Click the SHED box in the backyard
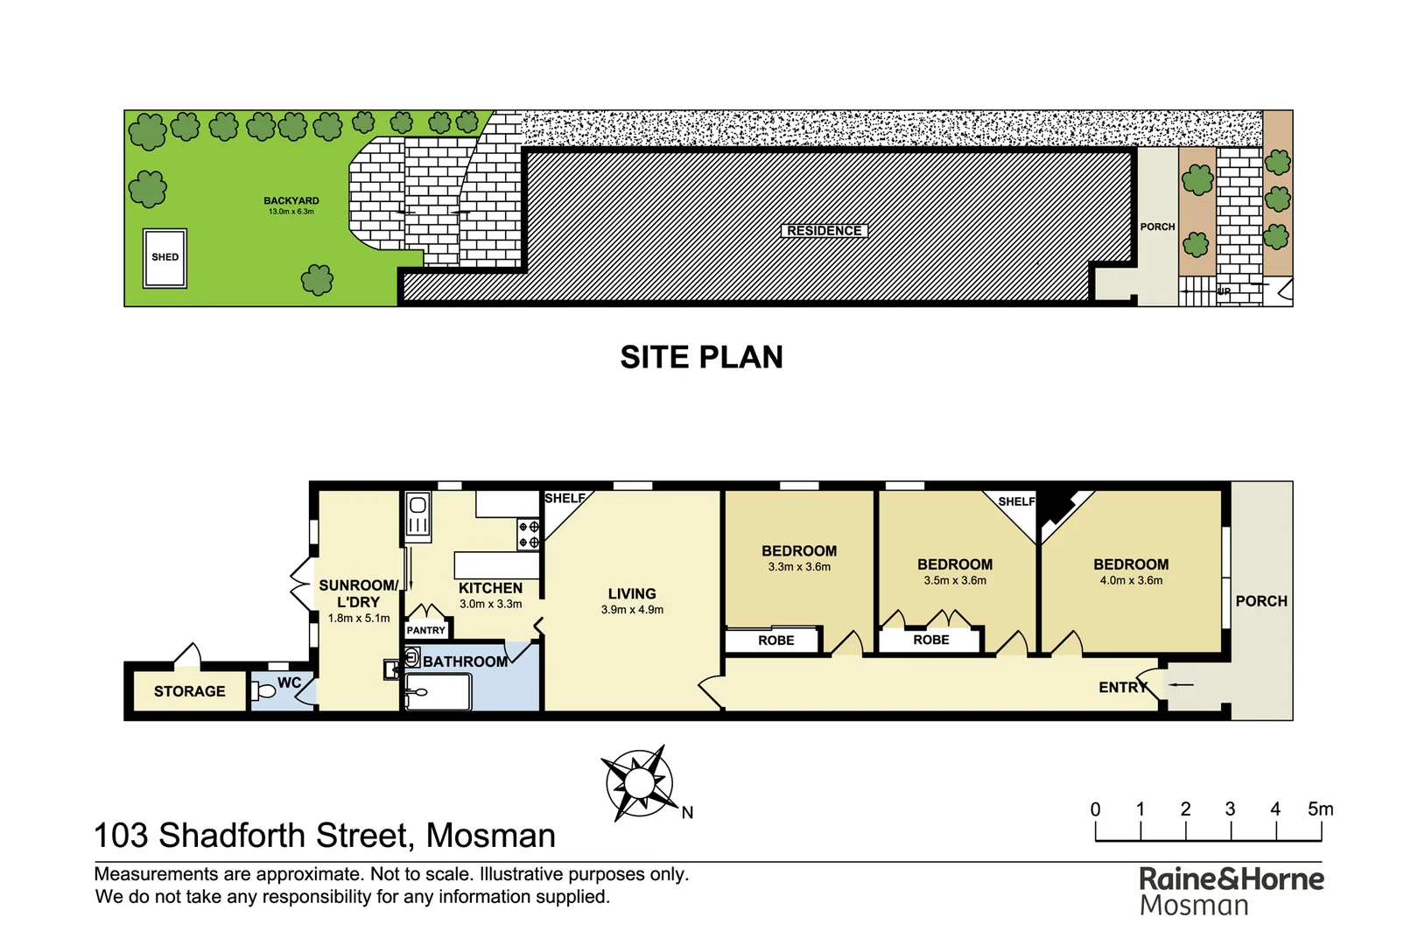165,258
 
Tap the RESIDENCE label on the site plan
824,231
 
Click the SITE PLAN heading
701,357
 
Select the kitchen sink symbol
418,515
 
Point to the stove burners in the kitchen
529,535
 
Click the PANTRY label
426,630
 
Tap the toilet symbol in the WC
263,691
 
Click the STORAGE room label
189,691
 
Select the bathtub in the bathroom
439,693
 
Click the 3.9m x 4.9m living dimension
632,610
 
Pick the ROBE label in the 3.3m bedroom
776,640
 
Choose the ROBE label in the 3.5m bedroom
930,640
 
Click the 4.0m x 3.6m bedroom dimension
1131,581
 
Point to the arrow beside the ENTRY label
1181,684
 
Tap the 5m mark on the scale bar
1320,810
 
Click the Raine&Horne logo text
1231,879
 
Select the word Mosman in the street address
490,836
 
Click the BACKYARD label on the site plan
291,201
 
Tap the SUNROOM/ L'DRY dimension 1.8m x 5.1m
359,619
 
